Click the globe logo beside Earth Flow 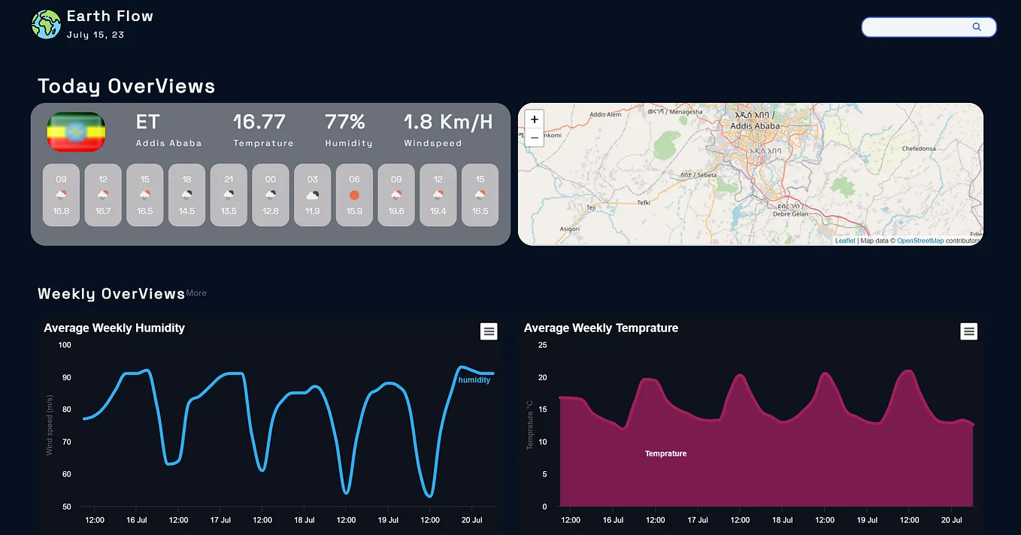point(46,24)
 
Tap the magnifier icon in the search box point(977,27)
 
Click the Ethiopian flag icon point(76,132)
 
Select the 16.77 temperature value point(259,122)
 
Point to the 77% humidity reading point(345,122)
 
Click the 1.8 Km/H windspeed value point(448,122)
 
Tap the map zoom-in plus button point(535,119)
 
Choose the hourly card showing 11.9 point(312,195)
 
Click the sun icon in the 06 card point(354,195)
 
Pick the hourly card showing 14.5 point(186,195)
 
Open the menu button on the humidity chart point(489,331)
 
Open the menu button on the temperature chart point(968,331)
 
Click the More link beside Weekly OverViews point(196,293)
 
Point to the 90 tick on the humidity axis point(65,377)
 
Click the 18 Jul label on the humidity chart point(304,520)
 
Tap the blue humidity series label point(474,380)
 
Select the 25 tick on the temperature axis point(543,345)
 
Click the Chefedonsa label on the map point(919,149)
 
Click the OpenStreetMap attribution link point(920,241)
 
